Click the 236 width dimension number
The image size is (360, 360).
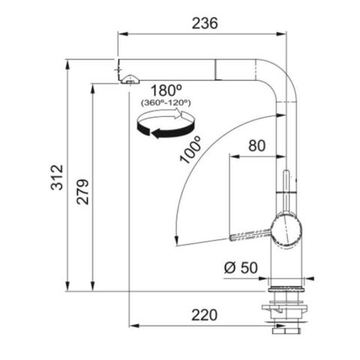[205, 23]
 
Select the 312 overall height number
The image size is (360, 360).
[57, 177]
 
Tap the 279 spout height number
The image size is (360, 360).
[82, 192]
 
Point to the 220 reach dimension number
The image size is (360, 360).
[204, 315]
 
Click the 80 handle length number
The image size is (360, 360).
[256, 145]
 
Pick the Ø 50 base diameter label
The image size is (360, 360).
[241, 268]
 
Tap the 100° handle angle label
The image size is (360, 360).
[190, 149]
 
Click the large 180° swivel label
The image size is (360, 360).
[166, 90]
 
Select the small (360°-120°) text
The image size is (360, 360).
[166, 103]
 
